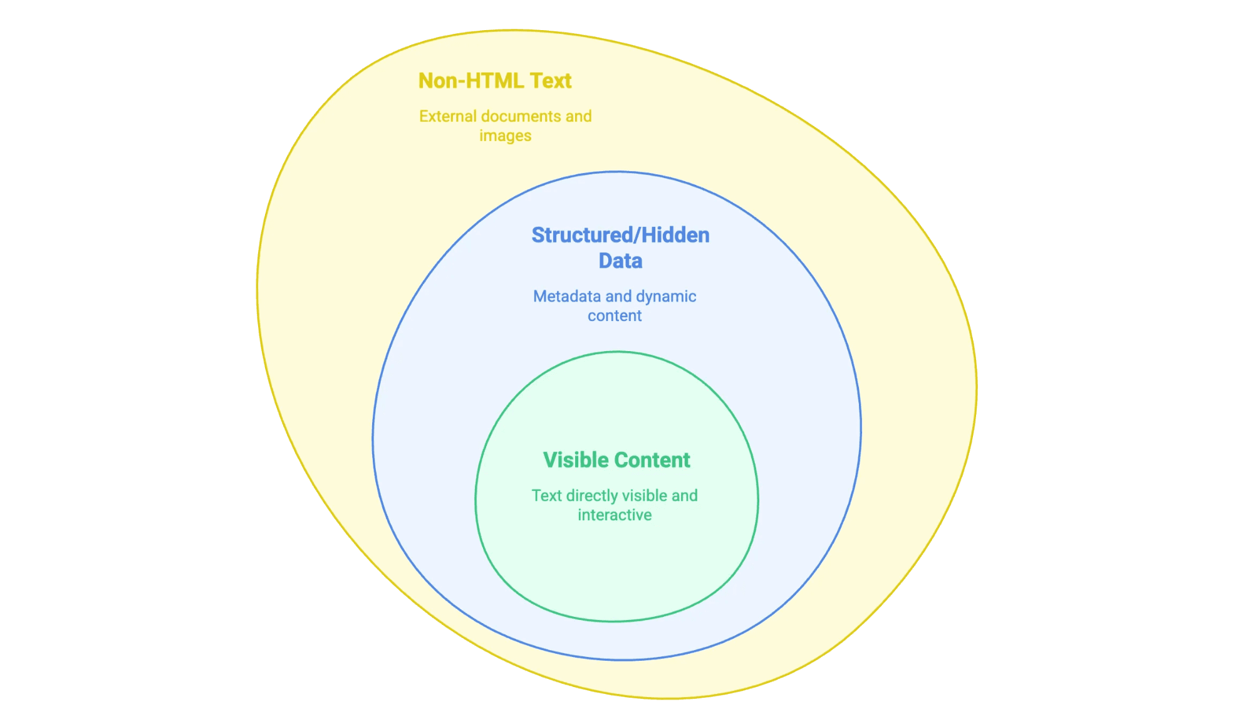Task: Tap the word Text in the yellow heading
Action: click(x=550, y=81)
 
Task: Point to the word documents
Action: click(x=521, y=117)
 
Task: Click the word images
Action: click(x=505, y=136)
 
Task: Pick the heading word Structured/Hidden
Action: click(x=620, y=235)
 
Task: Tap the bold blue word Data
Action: click(x=620, y=261)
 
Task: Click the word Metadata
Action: click(x=566, y=297)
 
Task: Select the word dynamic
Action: click(x=666, y=297)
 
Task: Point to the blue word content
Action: click(x=614, y=316)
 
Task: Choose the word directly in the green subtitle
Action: click(x=592, y=496)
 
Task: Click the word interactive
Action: click(x=614, y=515)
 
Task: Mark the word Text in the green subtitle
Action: click(x=546, y=496)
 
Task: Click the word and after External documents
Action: click(x=578, y=117)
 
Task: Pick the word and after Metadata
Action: click(x=618, y=297)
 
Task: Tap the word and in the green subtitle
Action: click(x=684, y=496)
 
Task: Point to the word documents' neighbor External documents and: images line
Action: click(x=505, y=136)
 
